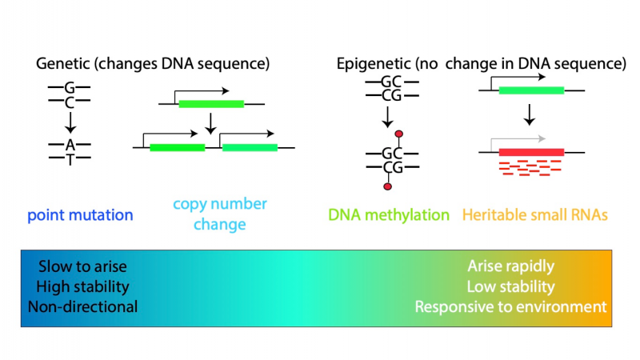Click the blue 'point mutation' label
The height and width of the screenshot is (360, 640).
80,215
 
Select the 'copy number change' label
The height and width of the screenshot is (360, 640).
219,214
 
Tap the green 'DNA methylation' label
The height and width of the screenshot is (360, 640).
389,214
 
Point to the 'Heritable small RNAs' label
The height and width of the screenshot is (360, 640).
535,214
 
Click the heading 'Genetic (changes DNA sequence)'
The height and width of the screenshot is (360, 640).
153,64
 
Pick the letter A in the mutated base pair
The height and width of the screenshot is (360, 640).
70,145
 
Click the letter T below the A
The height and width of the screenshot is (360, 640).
70,159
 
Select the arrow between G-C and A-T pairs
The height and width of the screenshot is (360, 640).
70,122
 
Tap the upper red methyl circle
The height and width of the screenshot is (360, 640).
398,134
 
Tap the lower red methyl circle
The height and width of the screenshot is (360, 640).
388,186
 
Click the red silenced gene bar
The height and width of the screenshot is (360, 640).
531,152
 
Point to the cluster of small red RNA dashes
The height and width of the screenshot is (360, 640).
530,168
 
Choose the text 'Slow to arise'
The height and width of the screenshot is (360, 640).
82,266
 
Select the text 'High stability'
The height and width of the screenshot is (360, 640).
82,286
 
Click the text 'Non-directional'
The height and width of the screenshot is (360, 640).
82,307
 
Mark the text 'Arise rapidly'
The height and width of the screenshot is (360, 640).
511,266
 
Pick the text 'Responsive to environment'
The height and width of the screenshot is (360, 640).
510,307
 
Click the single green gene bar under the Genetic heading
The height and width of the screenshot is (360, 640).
211,104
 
